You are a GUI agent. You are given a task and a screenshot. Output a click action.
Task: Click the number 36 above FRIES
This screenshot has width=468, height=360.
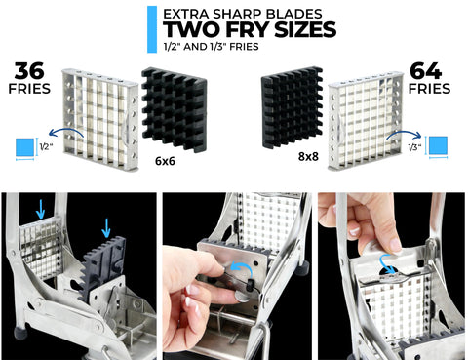(29, 71)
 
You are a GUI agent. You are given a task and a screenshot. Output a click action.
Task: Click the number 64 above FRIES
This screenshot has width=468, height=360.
(426, 71)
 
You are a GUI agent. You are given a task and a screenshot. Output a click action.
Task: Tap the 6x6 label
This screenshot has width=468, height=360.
(165, 161)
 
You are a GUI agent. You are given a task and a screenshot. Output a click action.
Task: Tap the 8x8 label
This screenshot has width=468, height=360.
(308, 156)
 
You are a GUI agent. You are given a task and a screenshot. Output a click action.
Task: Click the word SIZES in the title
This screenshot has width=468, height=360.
(305, 29)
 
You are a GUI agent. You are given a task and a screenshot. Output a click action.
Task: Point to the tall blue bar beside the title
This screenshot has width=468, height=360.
(152, 29)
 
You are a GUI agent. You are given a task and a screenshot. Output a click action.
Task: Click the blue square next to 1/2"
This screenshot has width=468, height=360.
(24, 147)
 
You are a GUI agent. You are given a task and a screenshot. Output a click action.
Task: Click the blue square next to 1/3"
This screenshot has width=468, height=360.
(438, 145)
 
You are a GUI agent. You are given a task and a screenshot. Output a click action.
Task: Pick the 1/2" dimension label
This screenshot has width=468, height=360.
(46, 147)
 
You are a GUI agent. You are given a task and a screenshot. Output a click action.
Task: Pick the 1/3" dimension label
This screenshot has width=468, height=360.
(414, 147)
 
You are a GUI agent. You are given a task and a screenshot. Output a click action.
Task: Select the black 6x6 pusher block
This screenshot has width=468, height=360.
(175, 109)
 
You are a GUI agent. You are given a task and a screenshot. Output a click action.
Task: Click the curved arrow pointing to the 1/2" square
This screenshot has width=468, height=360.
(65, 129)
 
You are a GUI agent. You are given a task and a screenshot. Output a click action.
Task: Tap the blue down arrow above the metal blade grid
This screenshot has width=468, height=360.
(40, 209)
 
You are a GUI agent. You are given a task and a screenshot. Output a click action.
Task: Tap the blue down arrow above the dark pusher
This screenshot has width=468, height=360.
(106, 227)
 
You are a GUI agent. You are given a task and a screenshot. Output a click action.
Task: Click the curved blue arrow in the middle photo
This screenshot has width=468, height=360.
(241, 266)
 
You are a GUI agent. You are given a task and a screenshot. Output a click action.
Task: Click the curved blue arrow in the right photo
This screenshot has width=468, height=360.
(387, 262)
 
